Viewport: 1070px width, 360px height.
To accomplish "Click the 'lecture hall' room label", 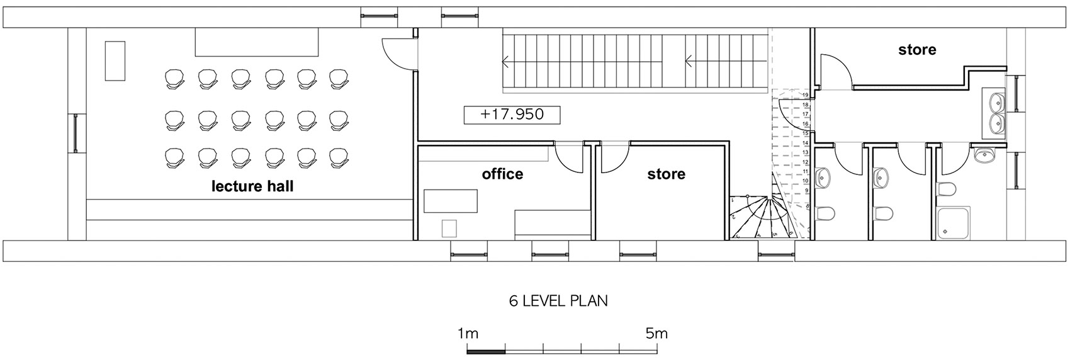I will click(x=252, y=186).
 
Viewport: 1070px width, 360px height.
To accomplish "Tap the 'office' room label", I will click(x=502, y=173).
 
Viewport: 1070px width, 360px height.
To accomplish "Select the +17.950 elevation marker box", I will click(x=512, y=115).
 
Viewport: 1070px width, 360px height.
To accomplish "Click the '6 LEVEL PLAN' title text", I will click(x=558, y=301).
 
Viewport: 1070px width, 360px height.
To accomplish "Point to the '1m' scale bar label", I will click(x=469, y=333).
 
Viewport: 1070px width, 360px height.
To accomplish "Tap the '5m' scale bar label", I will click(x=656, y=333).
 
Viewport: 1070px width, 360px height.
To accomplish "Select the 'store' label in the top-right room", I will click(x=917, y=49).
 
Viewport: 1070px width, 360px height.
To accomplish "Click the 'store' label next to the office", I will click(x=666, y=173).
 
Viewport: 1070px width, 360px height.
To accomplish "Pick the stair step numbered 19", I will click(x=806, y=96).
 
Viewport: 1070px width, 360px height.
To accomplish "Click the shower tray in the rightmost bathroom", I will click(x=954, y=223).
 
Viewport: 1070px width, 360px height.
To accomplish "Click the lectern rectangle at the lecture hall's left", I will click(x=115, y=60).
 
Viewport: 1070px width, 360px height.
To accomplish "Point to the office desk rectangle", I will click(x=451, y=201).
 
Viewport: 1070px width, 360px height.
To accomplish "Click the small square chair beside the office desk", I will click(x=449, y=228).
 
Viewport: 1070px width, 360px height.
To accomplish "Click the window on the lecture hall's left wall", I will click(x=76, y=133).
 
